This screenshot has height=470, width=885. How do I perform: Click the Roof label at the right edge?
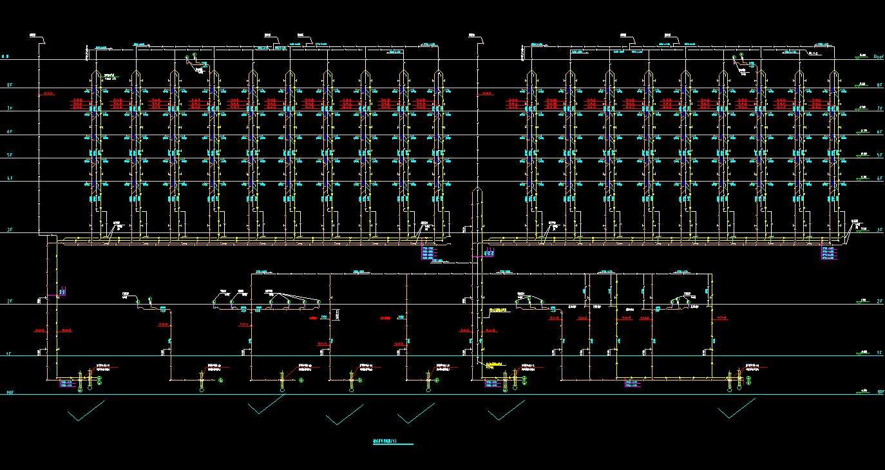point(878,57)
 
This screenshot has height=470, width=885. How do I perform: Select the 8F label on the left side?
point(9,86)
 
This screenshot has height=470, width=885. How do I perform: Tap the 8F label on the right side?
point(879,85)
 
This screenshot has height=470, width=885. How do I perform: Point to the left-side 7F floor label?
point(9,109)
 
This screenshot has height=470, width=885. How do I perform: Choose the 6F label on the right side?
point(879,132)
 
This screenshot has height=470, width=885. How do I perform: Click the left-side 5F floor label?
point(9,155)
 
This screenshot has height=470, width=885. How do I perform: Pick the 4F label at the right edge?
point(879,178)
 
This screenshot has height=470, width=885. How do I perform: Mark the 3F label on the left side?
point(9,230)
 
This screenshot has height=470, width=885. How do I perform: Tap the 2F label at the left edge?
point(9,301)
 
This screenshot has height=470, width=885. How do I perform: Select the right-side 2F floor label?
point(879,301)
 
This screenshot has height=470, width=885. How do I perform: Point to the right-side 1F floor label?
point(879,353)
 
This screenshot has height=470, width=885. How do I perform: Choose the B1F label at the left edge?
point(10,392)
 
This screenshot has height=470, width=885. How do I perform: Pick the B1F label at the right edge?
point(880,391)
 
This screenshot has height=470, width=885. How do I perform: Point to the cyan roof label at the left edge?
point(5,57)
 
